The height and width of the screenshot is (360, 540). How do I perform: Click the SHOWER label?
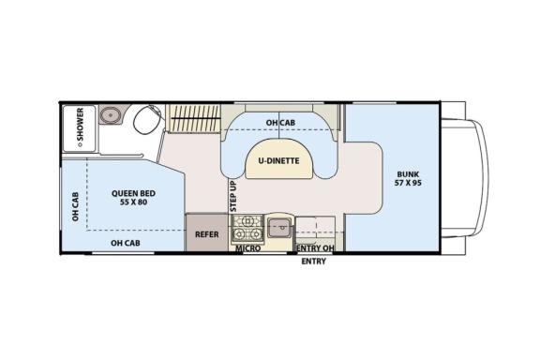point(80,125)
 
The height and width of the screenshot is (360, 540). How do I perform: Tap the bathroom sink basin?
point(111,114)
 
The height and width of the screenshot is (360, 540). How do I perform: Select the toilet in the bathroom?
point(148,119)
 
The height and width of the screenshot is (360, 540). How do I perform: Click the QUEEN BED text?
point(133,193)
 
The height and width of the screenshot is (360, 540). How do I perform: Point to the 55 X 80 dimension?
point(134,202)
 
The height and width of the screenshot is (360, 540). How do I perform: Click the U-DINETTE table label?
point(279,161)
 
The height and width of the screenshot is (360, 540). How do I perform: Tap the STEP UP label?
point(233,196)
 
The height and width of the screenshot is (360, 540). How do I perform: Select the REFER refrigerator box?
point(207,232)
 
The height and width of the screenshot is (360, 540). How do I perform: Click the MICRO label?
point(247,248)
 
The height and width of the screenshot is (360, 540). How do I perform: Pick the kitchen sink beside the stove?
point(279,228)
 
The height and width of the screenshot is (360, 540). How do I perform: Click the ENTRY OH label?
point(315,248)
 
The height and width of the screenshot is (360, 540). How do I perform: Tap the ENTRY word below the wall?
point(313,262)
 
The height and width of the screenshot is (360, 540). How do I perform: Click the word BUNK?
point(408,174)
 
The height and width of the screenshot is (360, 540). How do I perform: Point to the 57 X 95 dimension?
point(408,183)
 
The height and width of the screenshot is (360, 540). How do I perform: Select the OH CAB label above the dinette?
point(280,123)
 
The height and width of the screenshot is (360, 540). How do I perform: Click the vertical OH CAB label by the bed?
point(75,206)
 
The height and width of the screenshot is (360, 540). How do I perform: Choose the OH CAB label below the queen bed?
point(126,243)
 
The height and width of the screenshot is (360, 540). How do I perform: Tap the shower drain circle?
point(80,144)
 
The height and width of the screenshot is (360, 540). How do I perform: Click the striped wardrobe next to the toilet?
point(193,118)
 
